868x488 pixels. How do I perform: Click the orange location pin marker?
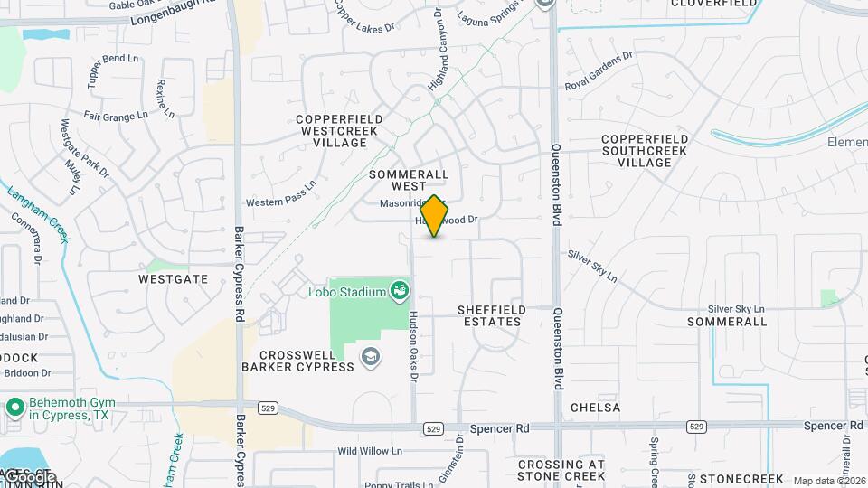tap(434, 216)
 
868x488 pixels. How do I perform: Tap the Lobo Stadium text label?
tap(347, 291)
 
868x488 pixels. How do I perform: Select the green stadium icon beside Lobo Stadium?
tap(399, 291)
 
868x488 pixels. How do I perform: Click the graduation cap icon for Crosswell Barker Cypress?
tap(370, 357)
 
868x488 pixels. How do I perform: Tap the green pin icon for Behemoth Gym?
tap(14, 407)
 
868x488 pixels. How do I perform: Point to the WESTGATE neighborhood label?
tap(173, 279)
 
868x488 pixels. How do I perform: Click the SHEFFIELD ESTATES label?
tap(492, 315)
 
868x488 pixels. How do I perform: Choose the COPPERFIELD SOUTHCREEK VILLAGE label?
tap(645, 150)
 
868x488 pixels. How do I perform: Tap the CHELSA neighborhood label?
tap(596, 408)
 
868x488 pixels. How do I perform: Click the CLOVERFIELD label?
tap(714, 4)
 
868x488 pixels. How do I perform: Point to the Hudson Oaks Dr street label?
tap(413, 347)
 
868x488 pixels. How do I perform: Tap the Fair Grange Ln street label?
tap(115, 116)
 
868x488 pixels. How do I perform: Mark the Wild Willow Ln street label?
tap(369, 450)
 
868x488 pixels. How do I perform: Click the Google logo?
tap(29, 476)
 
